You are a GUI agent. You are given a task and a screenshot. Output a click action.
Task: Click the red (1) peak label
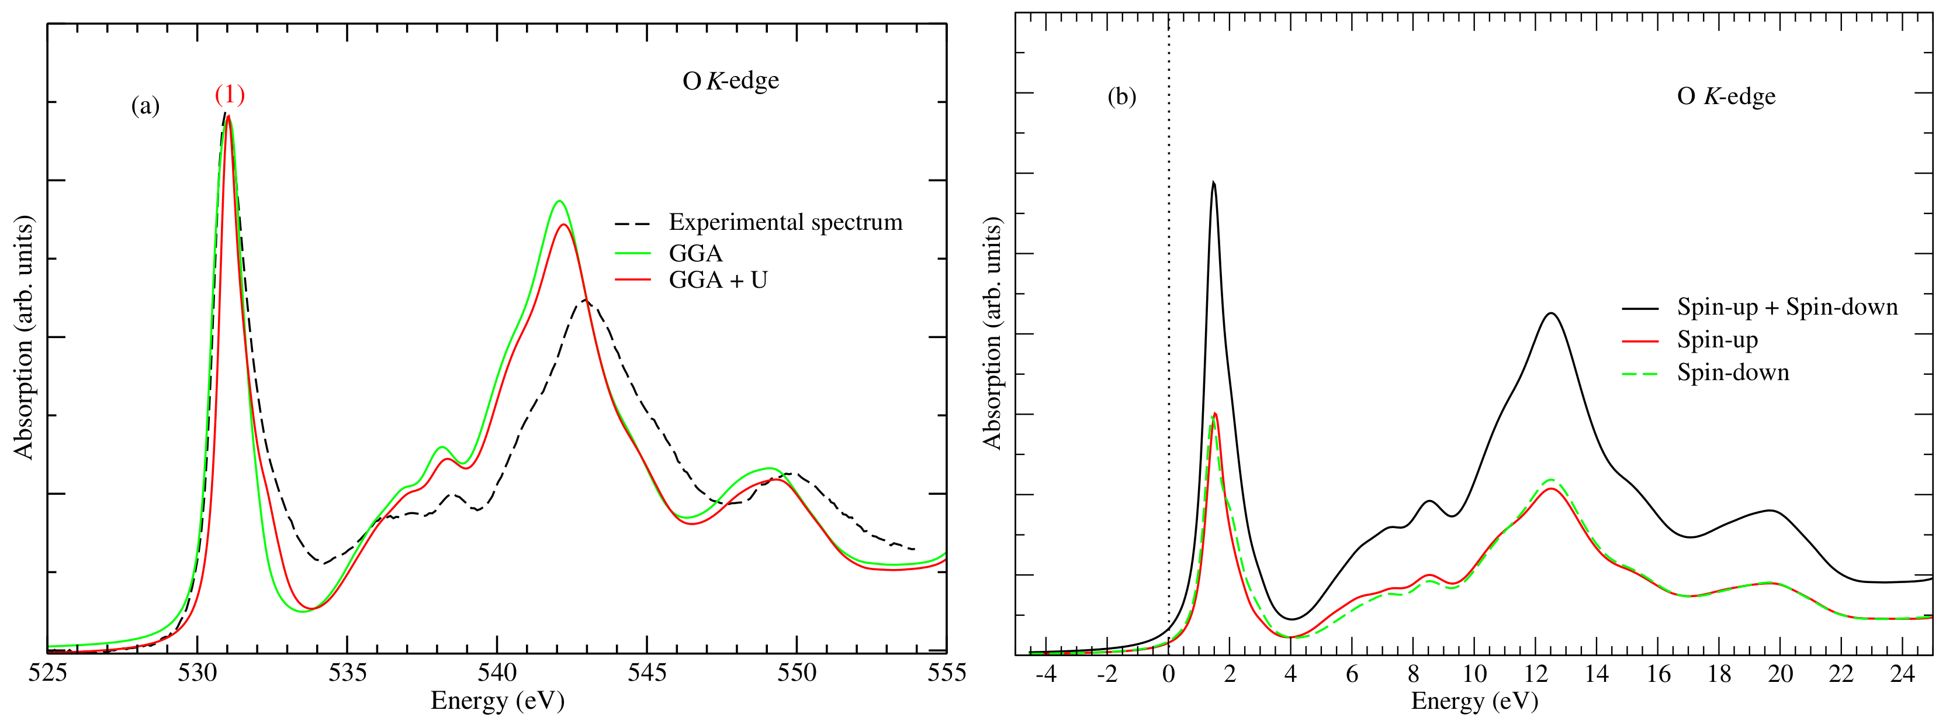click(230, 95)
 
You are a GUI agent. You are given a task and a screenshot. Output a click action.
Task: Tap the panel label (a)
click(145, 105)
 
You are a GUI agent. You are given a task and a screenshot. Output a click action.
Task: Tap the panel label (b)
click(1121, 96)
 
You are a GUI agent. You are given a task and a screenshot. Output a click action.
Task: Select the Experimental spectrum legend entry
click(785, 222)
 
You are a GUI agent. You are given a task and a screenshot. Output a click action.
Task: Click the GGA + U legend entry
click(718, 280)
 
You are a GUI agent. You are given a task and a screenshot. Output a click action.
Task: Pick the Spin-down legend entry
click(1733, 373)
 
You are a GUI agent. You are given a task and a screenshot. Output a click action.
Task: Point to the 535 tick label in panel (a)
click(347, 673)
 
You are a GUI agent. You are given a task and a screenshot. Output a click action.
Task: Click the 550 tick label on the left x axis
click(797, 673)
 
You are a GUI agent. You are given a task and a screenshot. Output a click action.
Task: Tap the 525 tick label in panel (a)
click(47, 673)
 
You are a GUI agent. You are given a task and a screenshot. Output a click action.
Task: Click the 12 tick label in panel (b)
click(1536, 673)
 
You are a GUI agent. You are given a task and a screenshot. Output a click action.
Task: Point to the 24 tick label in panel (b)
click(1903, 673)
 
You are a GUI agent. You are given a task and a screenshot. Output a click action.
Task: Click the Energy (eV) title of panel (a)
click(497, 701)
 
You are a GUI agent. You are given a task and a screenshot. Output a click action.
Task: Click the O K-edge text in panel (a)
click(730, 81)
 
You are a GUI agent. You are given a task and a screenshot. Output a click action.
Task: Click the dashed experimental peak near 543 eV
click(585, 300)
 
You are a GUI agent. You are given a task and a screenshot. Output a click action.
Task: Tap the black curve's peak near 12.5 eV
click(1551, 313)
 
